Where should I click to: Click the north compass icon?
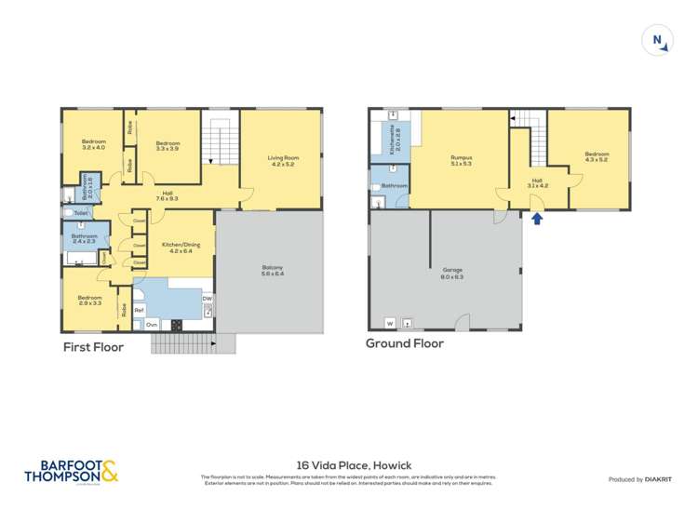coord(657,40)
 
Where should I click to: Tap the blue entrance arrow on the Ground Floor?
coord(536,219)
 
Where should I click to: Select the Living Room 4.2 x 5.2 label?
coord(281,162)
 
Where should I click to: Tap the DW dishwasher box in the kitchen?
coord(207,300)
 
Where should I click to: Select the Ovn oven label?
coord(151,325)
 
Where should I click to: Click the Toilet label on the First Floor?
coord(81,213)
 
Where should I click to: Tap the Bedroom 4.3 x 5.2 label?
coord(597,157)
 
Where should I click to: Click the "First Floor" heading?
coord(93,347)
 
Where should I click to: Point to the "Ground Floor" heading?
coord(404,343)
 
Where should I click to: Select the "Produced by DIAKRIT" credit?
coord(641,479)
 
